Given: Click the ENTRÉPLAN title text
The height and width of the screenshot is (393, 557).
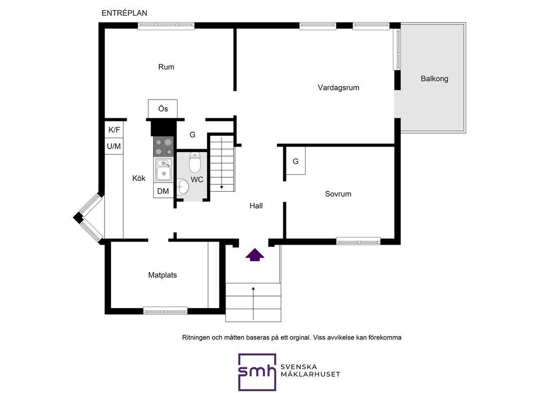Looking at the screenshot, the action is pyautogui.click(x=124, y=13).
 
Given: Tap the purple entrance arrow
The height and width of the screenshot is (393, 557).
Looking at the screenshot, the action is pyautogui.click(x=255, y=255).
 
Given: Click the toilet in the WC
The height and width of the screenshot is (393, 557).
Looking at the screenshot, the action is pyautogui.click(x=195, y=163).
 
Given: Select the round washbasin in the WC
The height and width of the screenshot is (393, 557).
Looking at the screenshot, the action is pyautogui.click(x=183, y=187).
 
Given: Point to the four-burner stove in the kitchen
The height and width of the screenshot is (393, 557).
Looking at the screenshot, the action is pyautogui.click(x=163, y=147).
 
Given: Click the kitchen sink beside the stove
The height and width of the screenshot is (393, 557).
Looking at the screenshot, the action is pyautogui.click(x=164, y=170).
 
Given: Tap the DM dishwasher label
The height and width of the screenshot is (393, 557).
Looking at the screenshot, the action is pyautogui.click(x=163, y=191).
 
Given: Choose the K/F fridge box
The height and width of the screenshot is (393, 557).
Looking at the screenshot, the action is pyautogui.click(x=114, y=130).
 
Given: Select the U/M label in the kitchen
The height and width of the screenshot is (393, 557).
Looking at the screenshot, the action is pyautogui.click(x=114, y=147).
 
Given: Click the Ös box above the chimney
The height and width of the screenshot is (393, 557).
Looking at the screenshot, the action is pyautogui.click(x=163, y=109).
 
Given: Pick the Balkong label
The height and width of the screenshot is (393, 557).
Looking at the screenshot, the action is pyautogui.click(x=434, y=79).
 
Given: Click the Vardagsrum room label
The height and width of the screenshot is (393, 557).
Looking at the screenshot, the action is pyautogui.click(x=339, y=88).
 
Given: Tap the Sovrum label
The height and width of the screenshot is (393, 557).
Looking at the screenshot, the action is pyautogui.click(x=338, y=194).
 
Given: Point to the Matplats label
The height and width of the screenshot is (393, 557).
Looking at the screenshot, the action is pyautogui.click(x=163, y=275).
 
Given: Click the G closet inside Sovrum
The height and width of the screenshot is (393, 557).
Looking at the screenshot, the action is pyautogui.click(x=295, y=160).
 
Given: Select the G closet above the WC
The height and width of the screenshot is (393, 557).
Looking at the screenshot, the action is pyautogui.click(x=192, y=135).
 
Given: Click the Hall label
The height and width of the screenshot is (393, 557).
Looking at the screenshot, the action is pyautogui.click(x=256, y=206).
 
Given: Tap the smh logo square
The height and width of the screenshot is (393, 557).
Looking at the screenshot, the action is pyautogui.click(x=257, y=372).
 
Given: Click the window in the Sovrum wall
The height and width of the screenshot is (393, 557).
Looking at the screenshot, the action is pyautogui.click(x=358, y=241).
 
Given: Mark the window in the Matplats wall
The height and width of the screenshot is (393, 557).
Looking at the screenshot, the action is pyautogui.click(x=165, y=311).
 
